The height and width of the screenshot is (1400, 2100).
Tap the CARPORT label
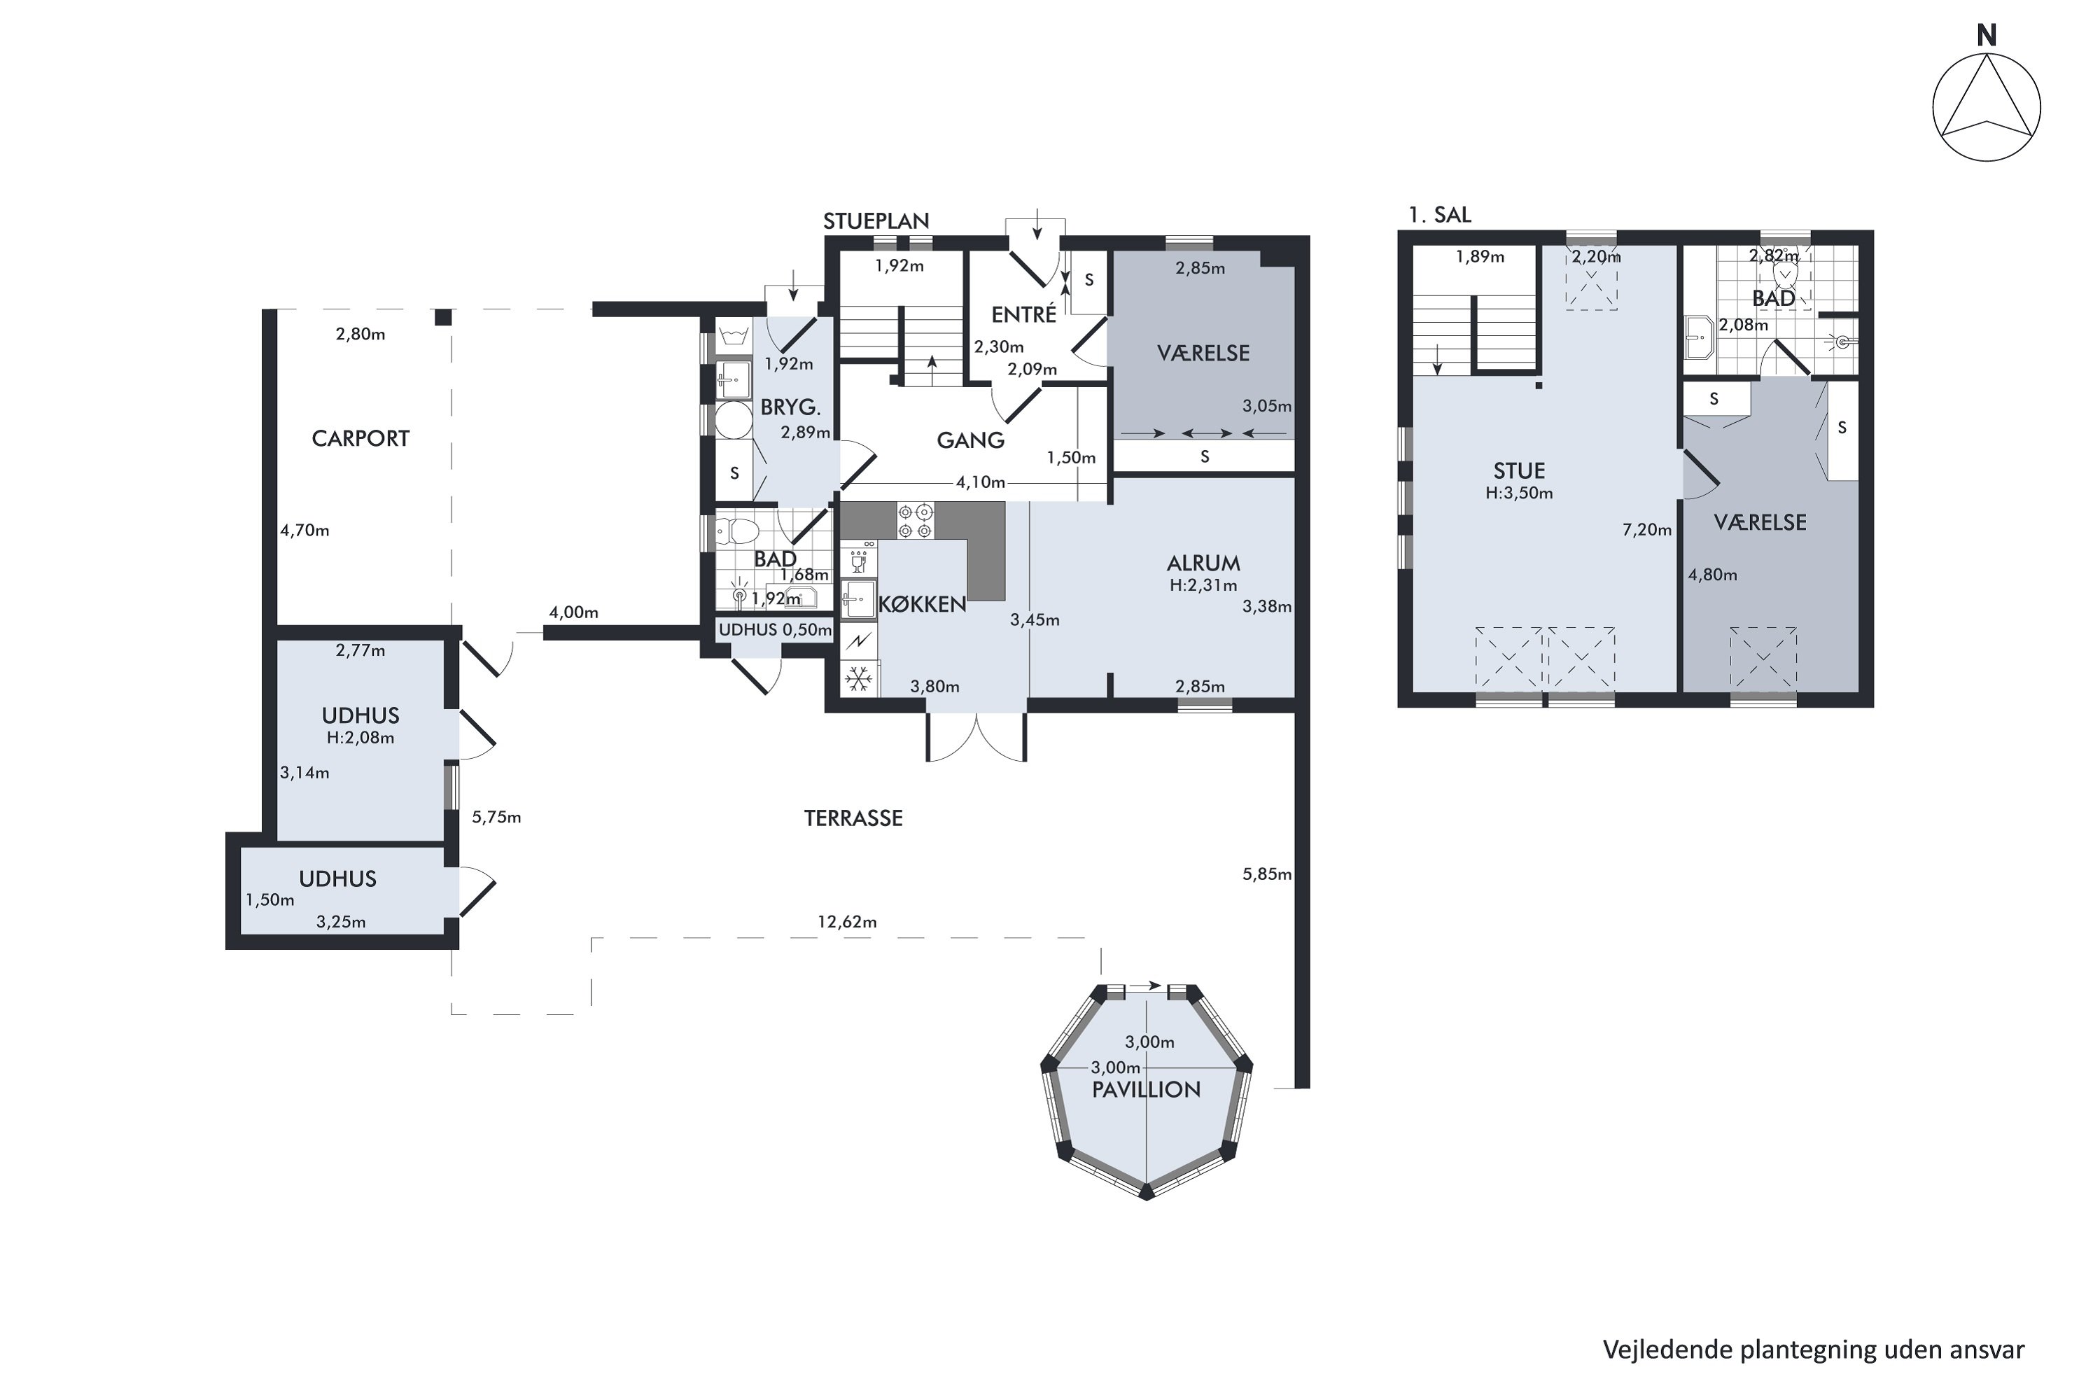pos(360,438)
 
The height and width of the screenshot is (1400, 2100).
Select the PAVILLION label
pos(1147,1089)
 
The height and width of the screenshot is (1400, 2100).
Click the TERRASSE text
pos(853,818)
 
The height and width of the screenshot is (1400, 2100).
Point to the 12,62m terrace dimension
pos(846,921)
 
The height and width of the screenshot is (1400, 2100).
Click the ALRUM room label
pos(1203,563)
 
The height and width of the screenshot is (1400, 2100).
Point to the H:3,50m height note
pos(1519,493)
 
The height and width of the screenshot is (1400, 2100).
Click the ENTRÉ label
pos(1024,314)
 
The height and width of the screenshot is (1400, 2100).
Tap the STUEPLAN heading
pos(876,220)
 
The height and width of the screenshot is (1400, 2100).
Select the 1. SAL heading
pos(1439,214)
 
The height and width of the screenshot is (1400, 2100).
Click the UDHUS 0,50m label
pos(775,629)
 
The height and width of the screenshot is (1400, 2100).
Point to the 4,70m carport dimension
pos(304,531)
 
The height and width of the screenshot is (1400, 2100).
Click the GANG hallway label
pos(970,440)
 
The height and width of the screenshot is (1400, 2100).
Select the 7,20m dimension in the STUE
pos(1646,529)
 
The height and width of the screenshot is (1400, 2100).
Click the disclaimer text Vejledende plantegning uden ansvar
pos(1814,1349)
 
